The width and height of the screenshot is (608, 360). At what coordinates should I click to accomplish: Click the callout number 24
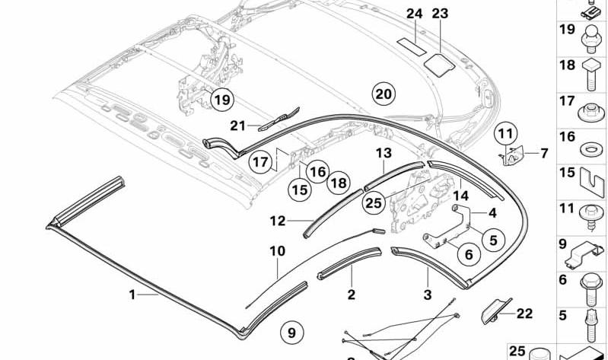(414, 14)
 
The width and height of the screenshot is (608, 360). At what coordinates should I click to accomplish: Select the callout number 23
(440, 14)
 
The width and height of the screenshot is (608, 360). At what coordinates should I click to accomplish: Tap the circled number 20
(384, 94)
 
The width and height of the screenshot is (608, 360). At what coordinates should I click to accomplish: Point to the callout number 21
(237, 126)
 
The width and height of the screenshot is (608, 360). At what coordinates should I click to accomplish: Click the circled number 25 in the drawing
(374, 202)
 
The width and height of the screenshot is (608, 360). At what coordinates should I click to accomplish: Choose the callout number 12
(278, 221)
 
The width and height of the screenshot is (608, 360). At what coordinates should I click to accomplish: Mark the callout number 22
(524, 314)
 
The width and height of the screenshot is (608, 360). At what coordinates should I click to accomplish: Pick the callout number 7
(544, 153)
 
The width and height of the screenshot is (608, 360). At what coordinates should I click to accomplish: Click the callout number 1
(132, 295)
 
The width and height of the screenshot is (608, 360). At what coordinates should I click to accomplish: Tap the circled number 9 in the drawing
(291, 333)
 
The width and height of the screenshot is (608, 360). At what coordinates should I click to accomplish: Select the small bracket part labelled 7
(511, 156)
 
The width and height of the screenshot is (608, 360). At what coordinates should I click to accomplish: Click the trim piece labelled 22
(496, 311)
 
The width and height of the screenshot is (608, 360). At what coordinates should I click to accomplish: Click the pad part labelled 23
(439, 65)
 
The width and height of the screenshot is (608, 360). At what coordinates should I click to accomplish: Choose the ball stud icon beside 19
(591, 40)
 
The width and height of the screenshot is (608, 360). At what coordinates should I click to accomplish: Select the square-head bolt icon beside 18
(591, 75)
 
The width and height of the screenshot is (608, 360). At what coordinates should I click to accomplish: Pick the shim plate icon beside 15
(592, 183)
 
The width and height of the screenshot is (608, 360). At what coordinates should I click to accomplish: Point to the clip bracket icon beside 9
(584, 256)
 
